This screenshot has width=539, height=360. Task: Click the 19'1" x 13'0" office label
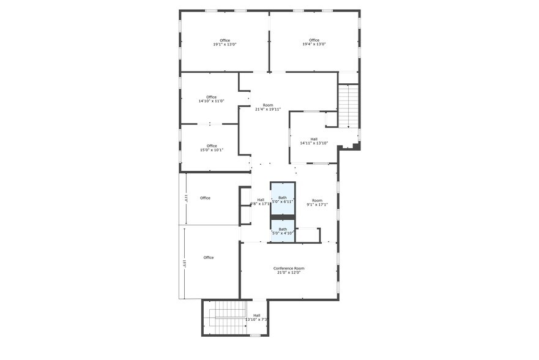[x=225, y=42]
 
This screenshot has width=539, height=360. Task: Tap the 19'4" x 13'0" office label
[x=314, y=42]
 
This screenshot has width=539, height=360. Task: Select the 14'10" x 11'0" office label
[x=211, y=99]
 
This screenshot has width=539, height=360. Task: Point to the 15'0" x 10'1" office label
[x=212, y=148]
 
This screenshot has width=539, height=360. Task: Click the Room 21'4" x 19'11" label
[x=268, y=107]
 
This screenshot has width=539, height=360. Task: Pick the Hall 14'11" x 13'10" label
[x=314, y=141]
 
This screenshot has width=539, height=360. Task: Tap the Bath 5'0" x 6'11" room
[x=283, y=199]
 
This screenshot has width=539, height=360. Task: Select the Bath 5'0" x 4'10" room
[x=283, y=231]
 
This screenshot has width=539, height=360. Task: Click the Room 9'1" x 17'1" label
[x=317, y=203]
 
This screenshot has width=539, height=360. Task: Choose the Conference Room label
[x=289, y=268]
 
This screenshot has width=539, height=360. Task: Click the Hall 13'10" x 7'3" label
[x=256, y=317]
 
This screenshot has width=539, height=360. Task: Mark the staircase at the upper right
[x=348, y=105]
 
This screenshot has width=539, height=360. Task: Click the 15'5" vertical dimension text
[x=184, y=263]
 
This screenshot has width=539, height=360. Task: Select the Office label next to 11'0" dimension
[x=205, y=198]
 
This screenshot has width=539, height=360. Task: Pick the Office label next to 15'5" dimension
[x=209, y=258]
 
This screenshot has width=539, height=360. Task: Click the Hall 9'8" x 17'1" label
[x=260, y=201]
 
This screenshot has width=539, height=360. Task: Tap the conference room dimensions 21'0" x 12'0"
[x=289, y=272]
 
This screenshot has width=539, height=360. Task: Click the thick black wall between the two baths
[x=283, y=217]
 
